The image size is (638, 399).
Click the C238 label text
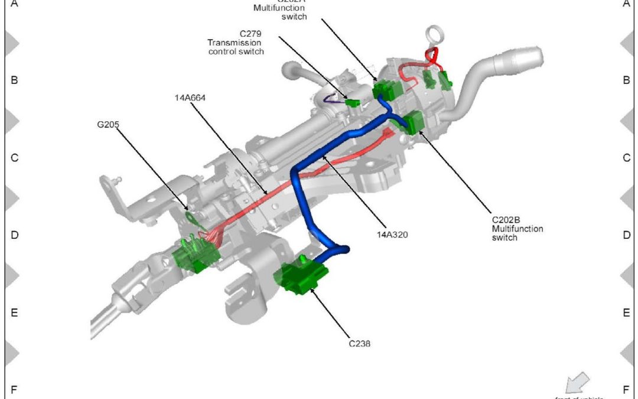point(359,342)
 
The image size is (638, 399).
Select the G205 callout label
point(109,125)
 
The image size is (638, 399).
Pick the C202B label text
point(507,219)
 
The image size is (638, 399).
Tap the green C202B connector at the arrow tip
point(414,122)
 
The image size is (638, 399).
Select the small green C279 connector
point(354,103)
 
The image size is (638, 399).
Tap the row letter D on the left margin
point(14,235)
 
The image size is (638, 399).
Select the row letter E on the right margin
point(626,313)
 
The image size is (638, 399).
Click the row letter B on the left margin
point(14,80)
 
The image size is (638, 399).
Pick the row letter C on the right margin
point(626,158)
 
